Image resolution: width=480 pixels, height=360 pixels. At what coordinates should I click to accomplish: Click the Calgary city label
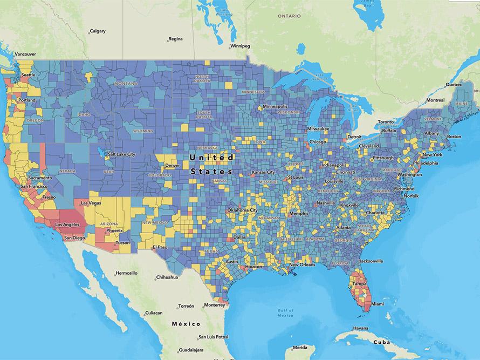point(98,31)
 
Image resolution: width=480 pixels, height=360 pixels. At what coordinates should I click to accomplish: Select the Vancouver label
point(25,55)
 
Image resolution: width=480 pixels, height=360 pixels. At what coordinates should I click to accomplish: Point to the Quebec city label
point(454,85)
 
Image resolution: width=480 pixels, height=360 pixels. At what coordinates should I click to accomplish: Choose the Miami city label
point(378,304)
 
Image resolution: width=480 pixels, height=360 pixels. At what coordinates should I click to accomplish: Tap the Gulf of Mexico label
point(278,313)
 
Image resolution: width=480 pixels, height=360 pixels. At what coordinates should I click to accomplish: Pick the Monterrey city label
point(214,304)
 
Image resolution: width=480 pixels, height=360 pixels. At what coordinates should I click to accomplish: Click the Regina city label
point(175,39)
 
